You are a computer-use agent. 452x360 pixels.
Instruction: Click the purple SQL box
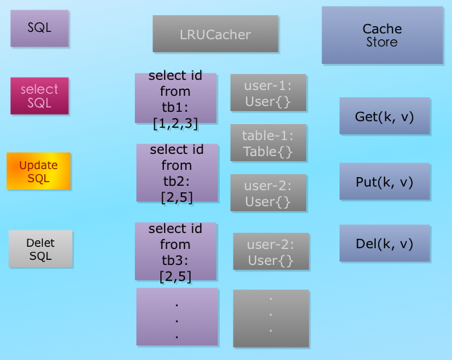click(x=40, y=29)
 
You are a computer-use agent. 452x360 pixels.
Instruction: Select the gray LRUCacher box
click(x=215, y=34)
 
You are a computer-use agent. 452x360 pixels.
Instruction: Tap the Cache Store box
click(x=382, y=36)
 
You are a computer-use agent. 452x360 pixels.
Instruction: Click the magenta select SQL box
click(x=39, y=96)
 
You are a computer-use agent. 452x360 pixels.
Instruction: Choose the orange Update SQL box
click(x=38, y=171)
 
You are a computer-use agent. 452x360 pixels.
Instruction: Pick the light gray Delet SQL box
click(x=40, y=249)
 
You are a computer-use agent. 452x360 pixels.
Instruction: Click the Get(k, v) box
click(x=385, y=117)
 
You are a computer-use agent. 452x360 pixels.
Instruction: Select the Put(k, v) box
click(x=385, y=181)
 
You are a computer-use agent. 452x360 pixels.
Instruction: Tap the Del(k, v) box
click(x=385, y=244)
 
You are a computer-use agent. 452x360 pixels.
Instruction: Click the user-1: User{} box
click(x=268, y=93)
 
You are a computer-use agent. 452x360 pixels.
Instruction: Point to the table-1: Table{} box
click(x=268, y=143)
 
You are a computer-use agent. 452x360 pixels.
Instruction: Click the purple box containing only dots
click(x=176, y=316)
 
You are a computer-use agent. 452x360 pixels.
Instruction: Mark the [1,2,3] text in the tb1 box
click(x=176, y=124)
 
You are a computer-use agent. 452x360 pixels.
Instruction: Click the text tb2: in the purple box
click(x=177, y=181)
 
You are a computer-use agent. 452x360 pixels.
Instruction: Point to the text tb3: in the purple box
click(x=176, y=260)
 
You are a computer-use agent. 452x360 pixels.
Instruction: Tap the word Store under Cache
click(x=382, y=42)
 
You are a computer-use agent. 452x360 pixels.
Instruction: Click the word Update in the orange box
click(x=38, y=165)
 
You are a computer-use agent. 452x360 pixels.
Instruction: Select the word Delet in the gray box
click(x=40, y=242)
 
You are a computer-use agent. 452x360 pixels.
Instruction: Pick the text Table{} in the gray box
click(x=268, y=152)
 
